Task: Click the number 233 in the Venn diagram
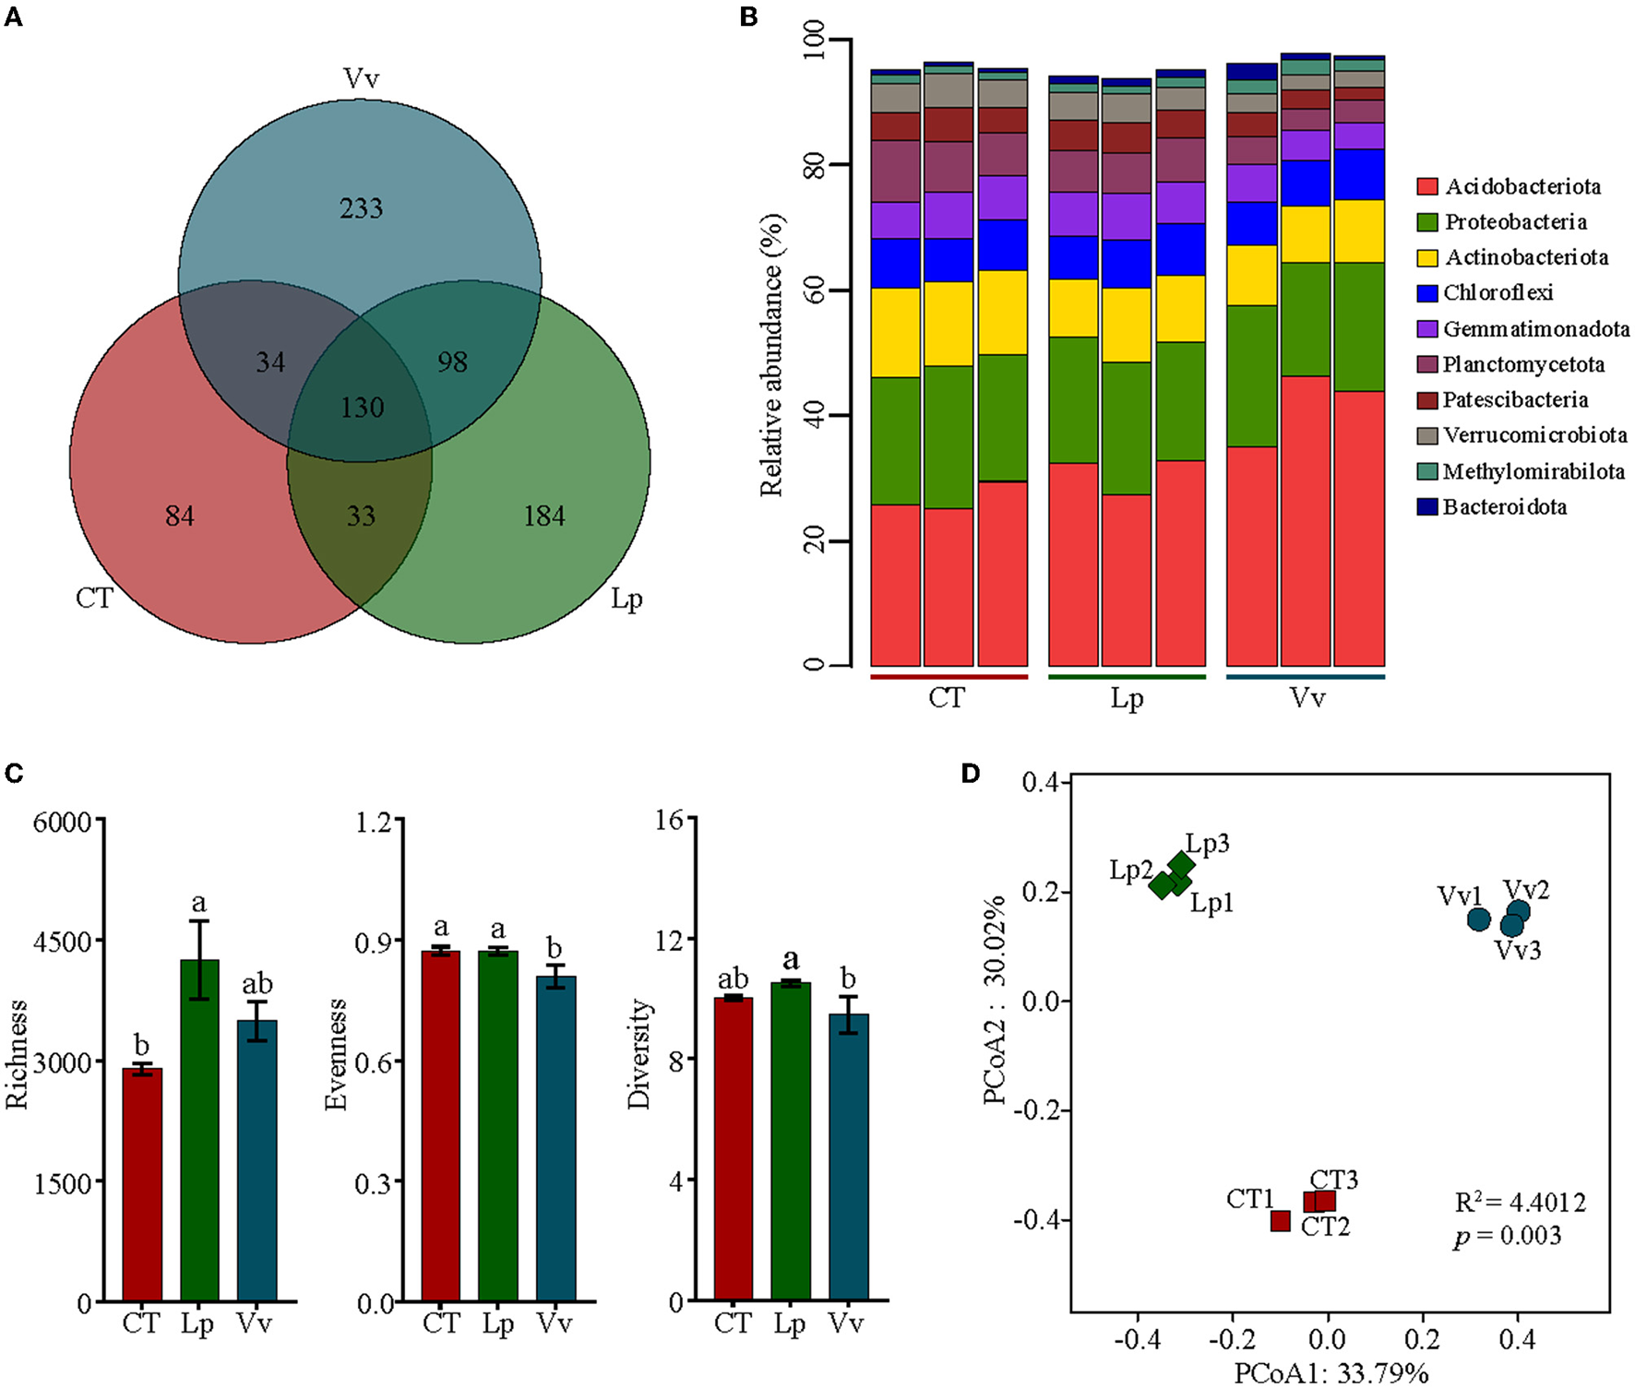click(361, 208)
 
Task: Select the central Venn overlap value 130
click(362, 407)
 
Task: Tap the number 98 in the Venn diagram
click(452, 362)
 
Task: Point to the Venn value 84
click(180, 516)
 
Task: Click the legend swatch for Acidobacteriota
click(1427, 186)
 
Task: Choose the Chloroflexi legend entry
click(1498, 292)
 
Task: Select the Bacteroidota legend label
click(1504, 506)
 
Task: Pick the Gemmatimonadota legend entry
click(1535, 328)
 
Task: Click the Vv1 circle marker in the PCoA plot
click(1478, 919)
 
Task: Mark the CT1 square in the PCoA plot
click(1280, 1221)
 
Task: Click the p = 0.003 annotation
click(1508, 1236)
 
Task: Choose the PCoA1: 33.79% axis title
click(1331, 1373)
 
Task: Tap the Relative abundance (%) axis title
click(771, 355)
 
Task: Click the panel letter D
click(970, 773)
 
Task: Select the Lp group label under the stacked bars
click(1127, 698)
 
